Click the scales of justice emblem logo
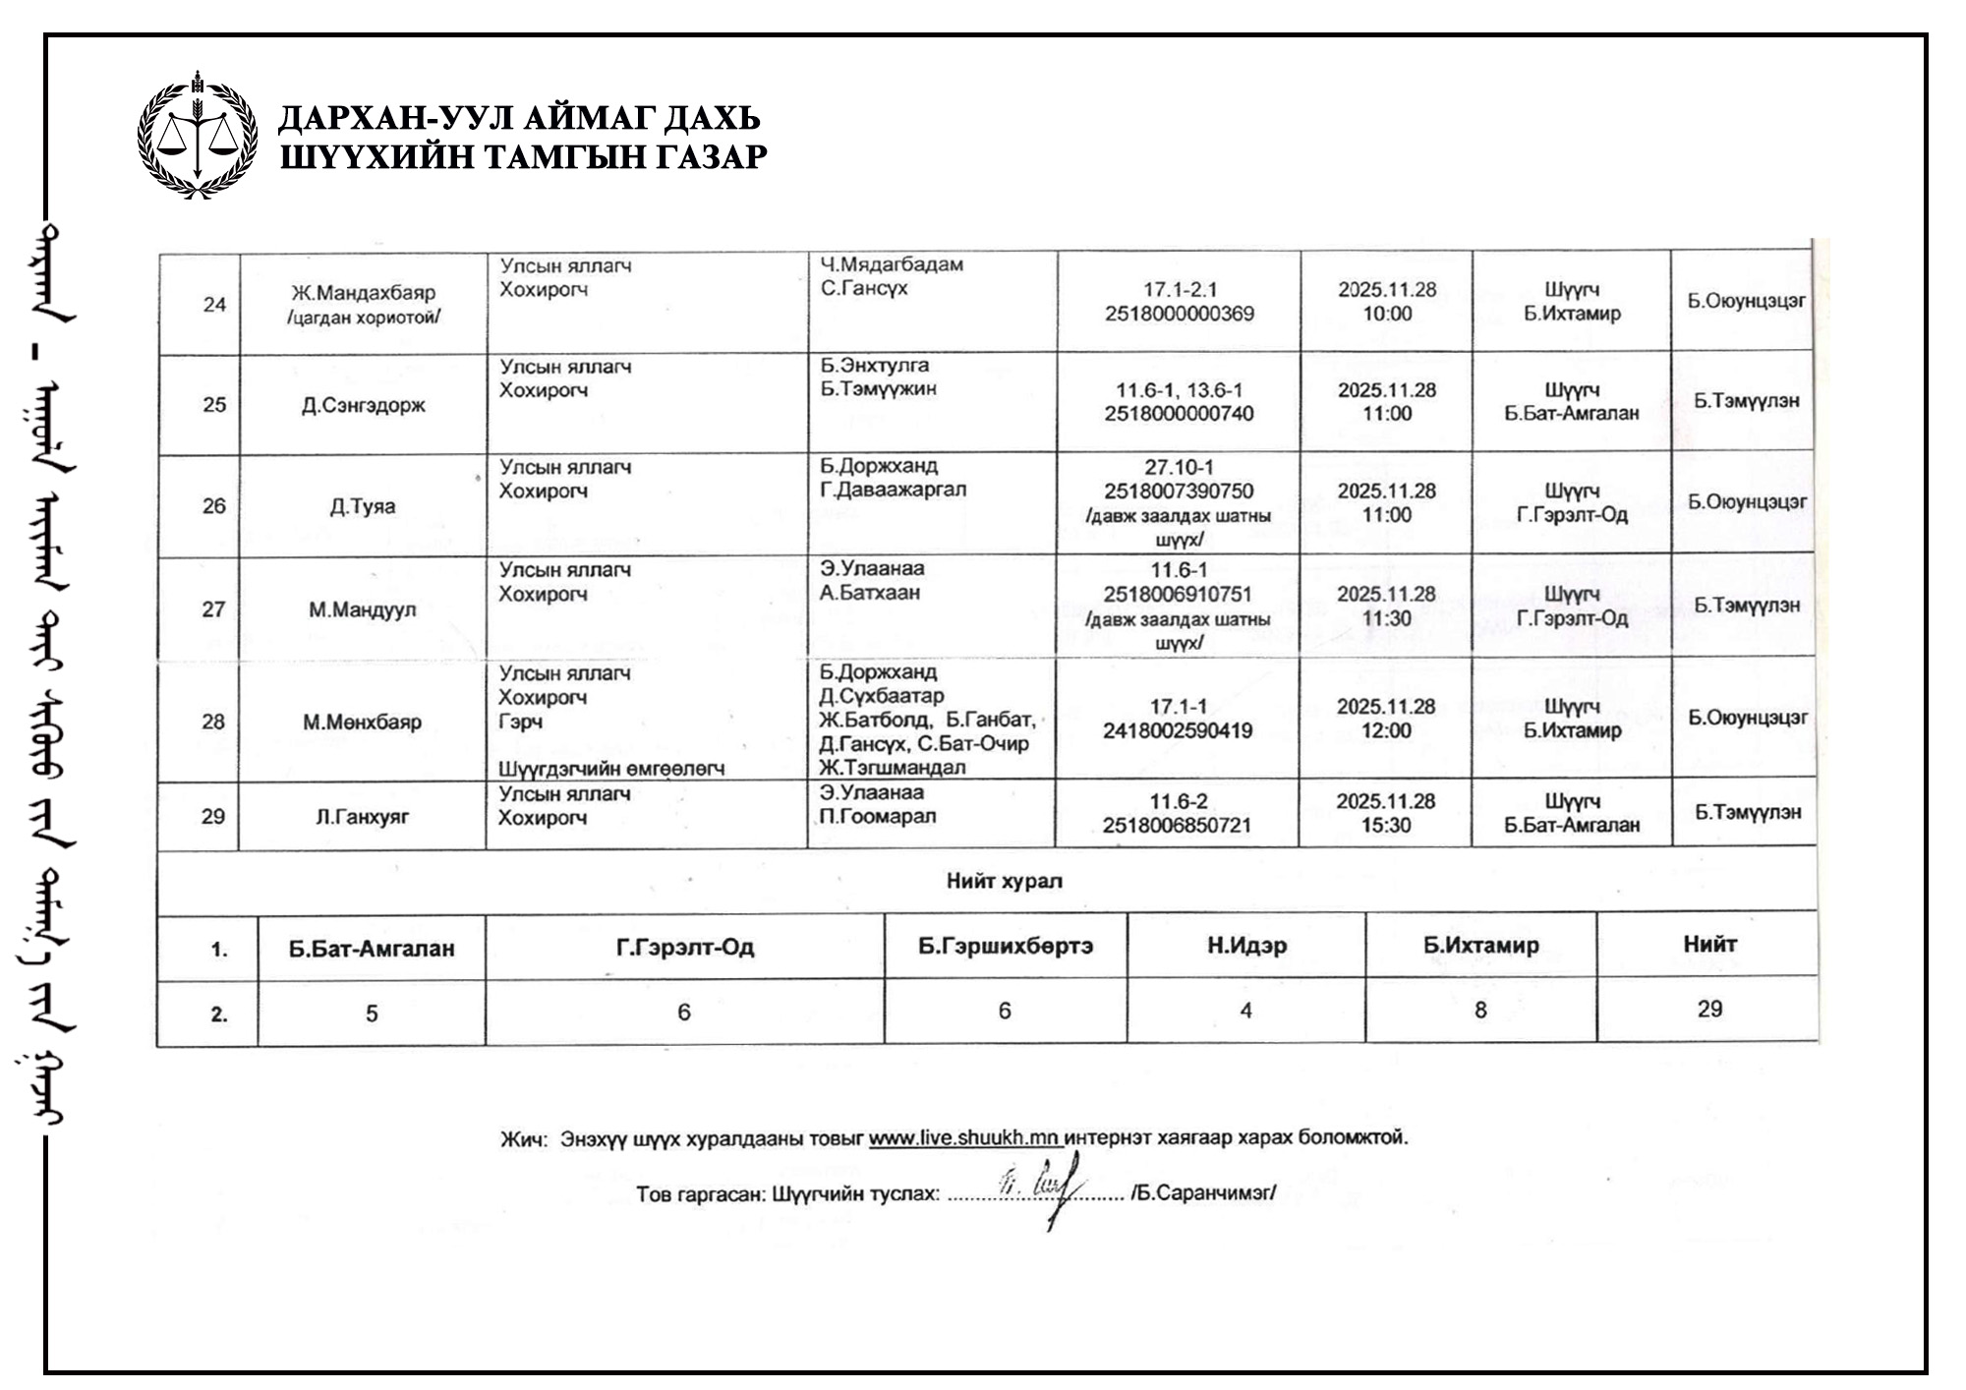coord(198,135)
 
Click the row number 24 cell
coord(214,305)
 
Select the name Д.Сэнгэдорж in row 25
coord(364,406)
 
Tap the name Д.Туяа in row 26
coord(363,507)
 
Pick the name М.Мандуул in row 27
coord(363,610)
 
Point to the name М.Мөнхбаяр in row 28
coord(363,723)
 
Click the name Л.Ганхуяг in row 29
coord(363,817)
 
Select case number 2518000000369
coord(1179,315)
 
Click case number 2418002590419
coord(1178,731)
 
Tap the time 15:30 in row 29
coord(1386,826)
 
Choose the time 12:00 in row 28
coord(1386,731)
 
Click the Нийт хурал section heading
coord(1004,882)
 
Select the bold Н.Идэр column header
coord(1246,946)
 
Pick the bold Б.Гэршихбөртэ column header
coord(1006,946)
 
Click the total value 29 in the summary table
coord(1709,1009)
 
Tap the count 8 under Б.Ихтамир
coord(1480,1011)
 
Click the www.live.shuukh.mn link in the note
coord(964,1138)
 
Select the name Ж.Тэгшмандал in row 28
coord(893,768)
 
